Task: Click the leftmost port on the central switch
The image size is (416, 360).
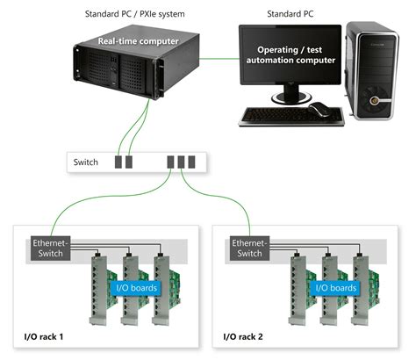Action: pos(118,162)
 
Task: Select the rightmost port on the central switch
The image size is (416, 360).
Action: pos(190,162)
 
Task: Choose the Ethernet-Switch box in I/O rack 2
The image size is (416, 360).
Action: pos(249,248)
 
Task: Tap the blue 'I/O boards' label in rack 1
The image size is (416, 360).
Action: pos(138,287)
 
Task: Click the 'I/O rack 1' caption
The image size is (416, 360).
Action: pos(44,337)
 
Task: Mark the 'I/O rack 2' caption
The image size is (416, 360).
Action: pos(243,337)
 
